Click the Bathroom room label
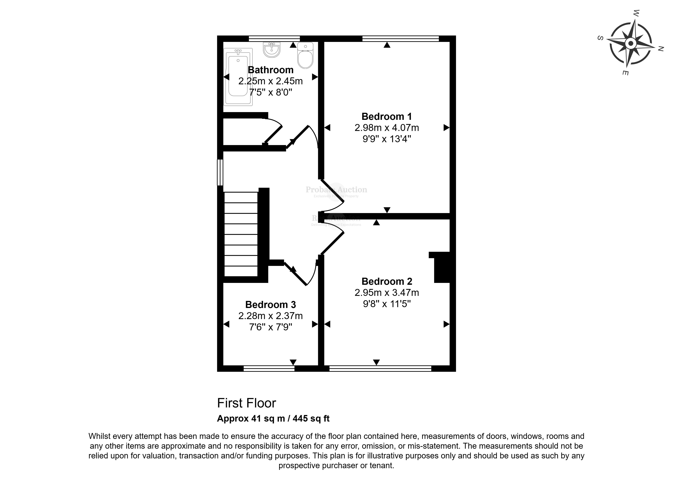click(270, 70)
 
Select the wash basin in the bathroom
click(272, 50)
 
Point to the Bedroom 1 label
click(387, 116)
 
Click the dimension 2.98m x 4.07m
click(387, 128)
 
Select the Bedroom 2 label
click(387, 281)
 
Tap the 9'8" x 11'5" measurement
click(387, 304)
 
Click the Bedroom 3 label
click(270, 305)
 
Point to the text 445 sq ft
click(311, 419)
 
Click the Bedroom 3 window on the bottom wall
click(269, 369)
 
